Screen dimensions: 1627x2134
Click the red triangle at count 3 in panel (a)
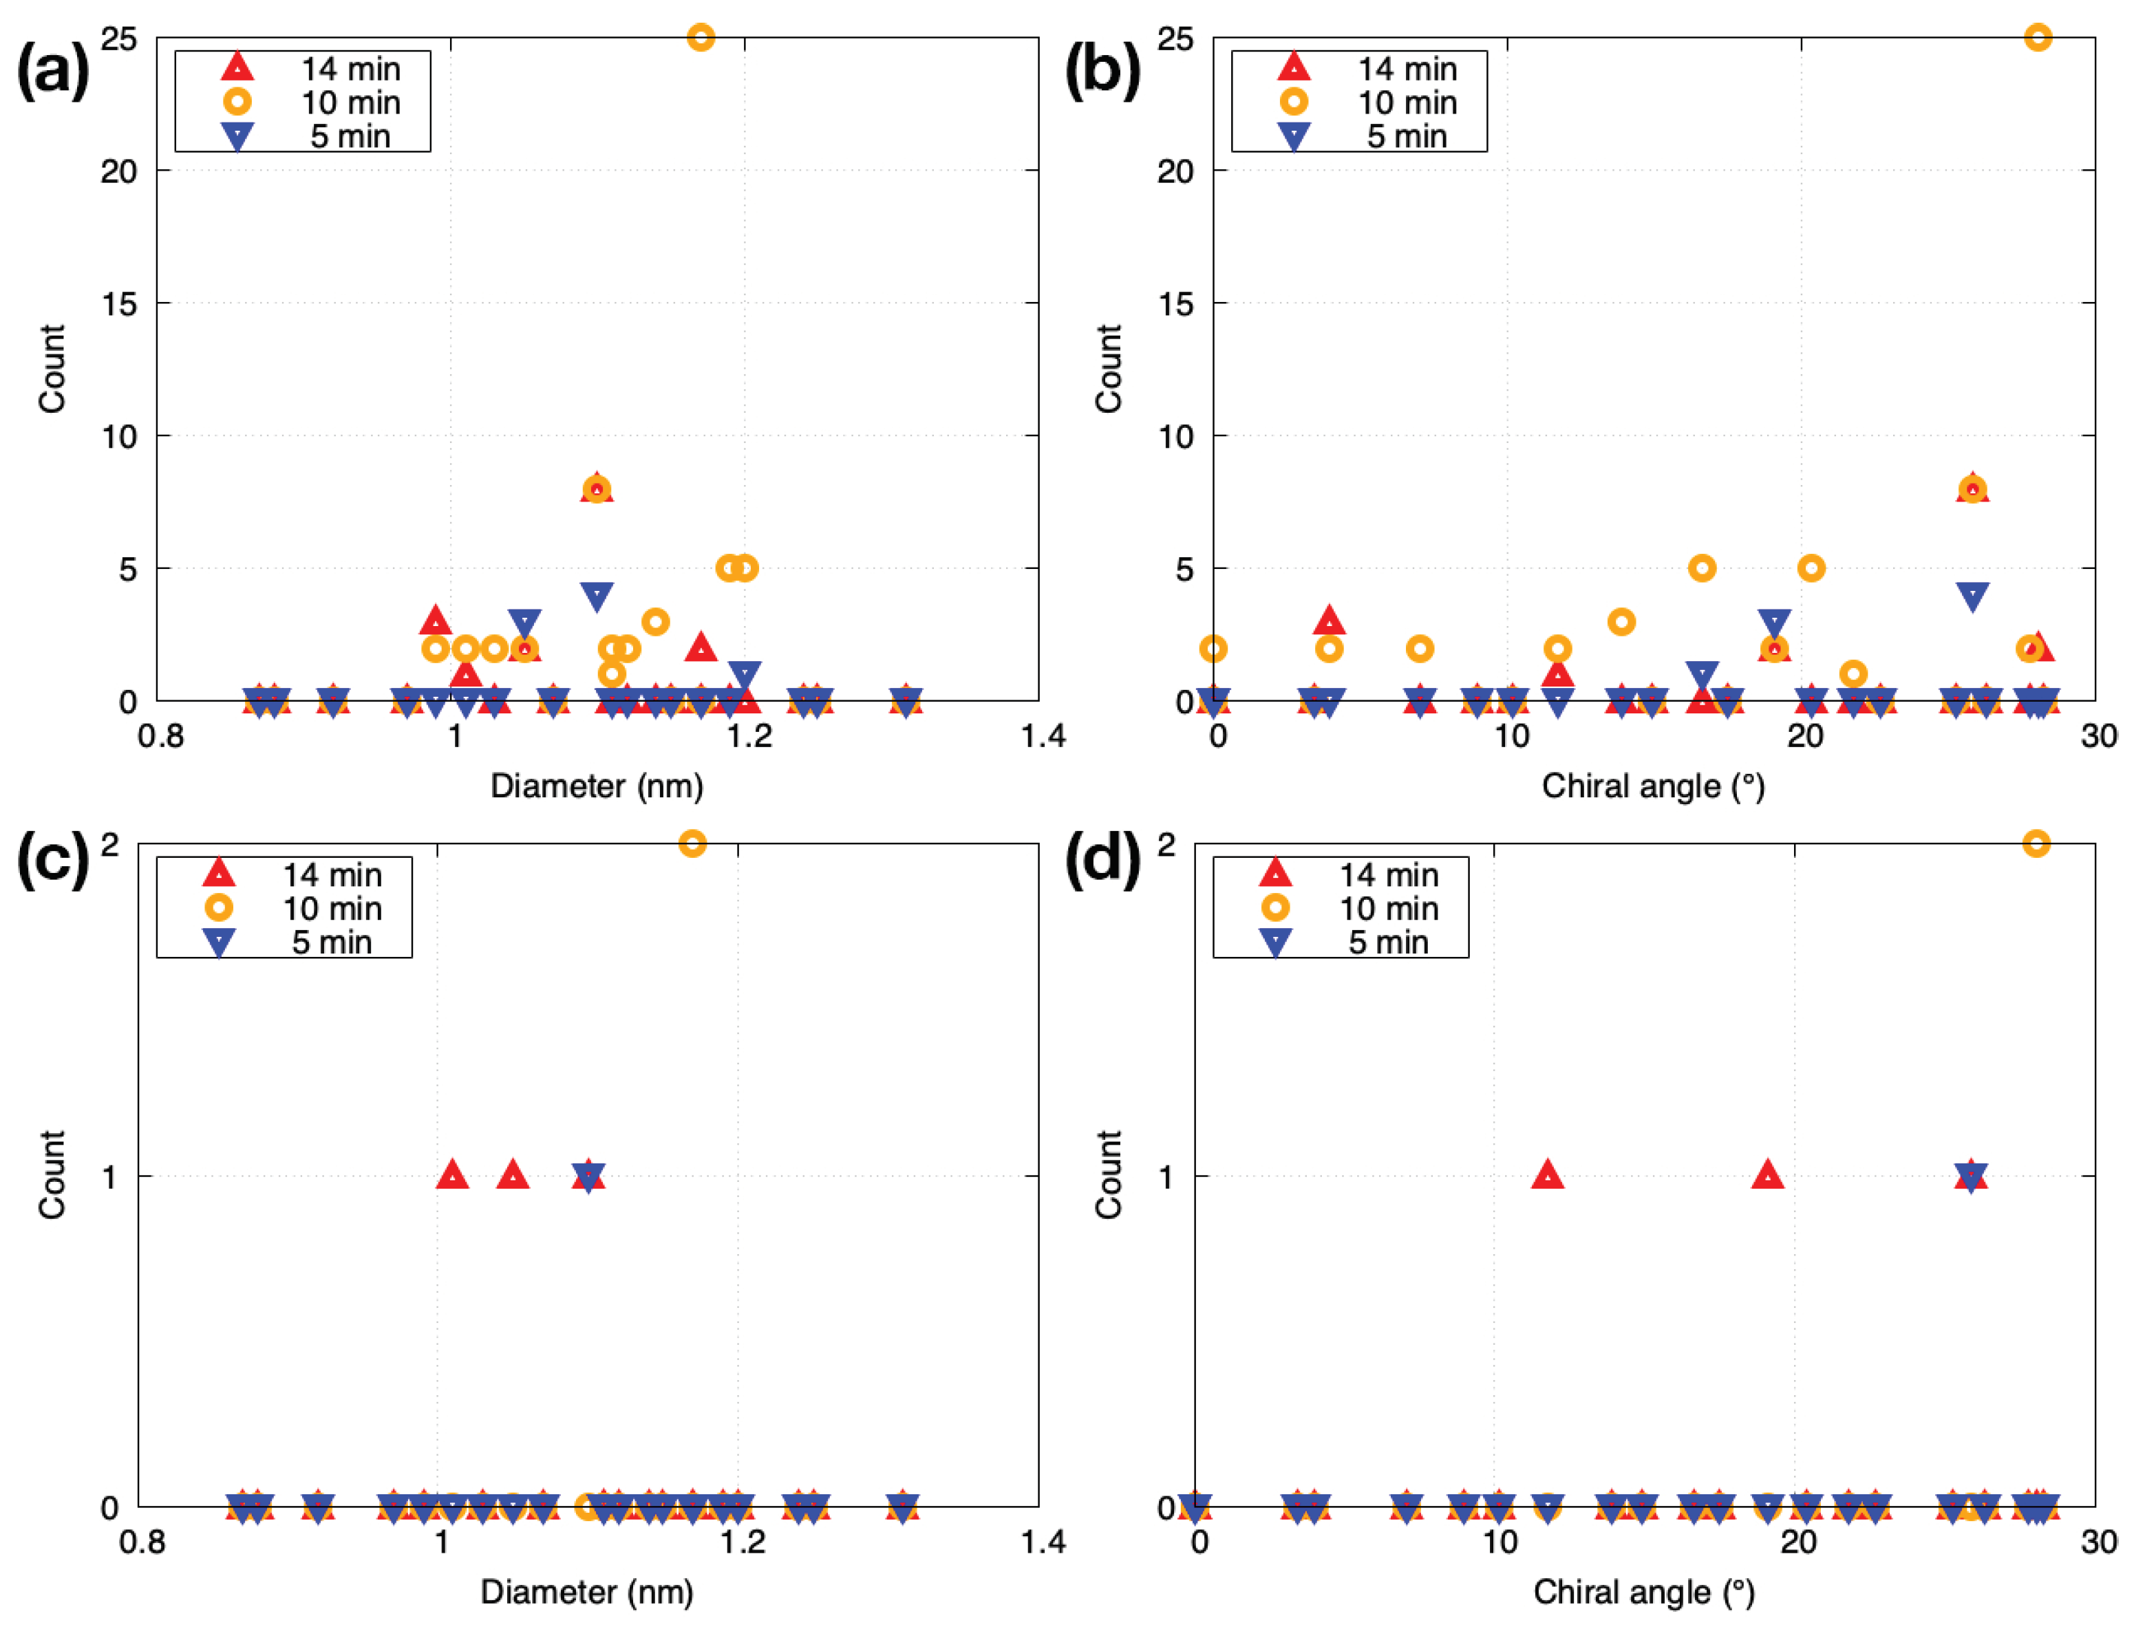435,621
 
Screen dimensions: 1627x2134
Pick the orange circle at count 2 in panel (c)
692,843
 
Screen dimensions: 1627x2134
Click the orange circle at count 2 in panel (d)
2036,843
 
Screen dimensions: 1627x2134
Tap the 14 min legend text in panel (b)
1407,69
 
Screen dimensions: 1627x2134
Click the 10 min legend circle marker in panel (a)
237,102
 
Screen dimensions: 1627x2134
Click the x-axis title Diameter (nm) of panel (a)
597,786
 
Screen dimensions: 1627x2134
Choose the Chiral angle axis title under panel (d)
1644,1591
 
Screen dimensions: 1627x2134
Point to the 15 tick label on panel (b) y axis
1176,304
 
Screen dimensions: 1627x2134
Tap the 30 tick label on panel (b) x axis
2098,736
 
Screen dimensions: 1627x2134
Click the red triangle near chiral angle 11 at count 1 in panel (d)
1548,1175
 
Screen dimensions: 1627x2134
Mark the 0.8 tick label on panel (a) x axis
161,736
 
